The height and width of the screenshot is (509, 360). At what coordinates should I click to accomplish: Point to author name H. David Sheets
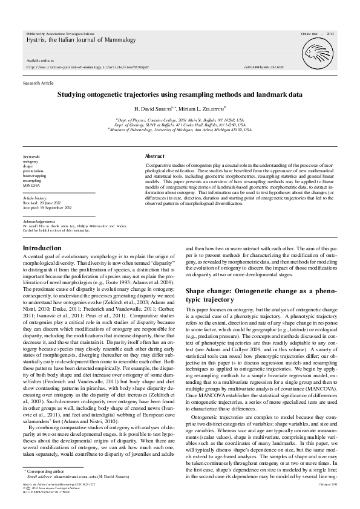point(140,108)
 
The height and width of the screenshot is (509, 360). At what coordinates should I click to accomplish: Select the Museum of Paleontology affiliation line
point(180,129)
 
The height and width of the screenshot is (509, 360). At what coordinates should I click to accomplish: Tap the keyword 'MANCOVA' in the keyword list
point(31,185)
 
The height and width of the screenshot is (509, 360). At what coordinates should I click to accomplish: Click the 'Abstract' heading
point(155,155)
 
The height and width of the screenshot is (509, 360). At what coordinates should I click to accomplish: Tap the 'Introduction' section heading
point(42,248)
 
